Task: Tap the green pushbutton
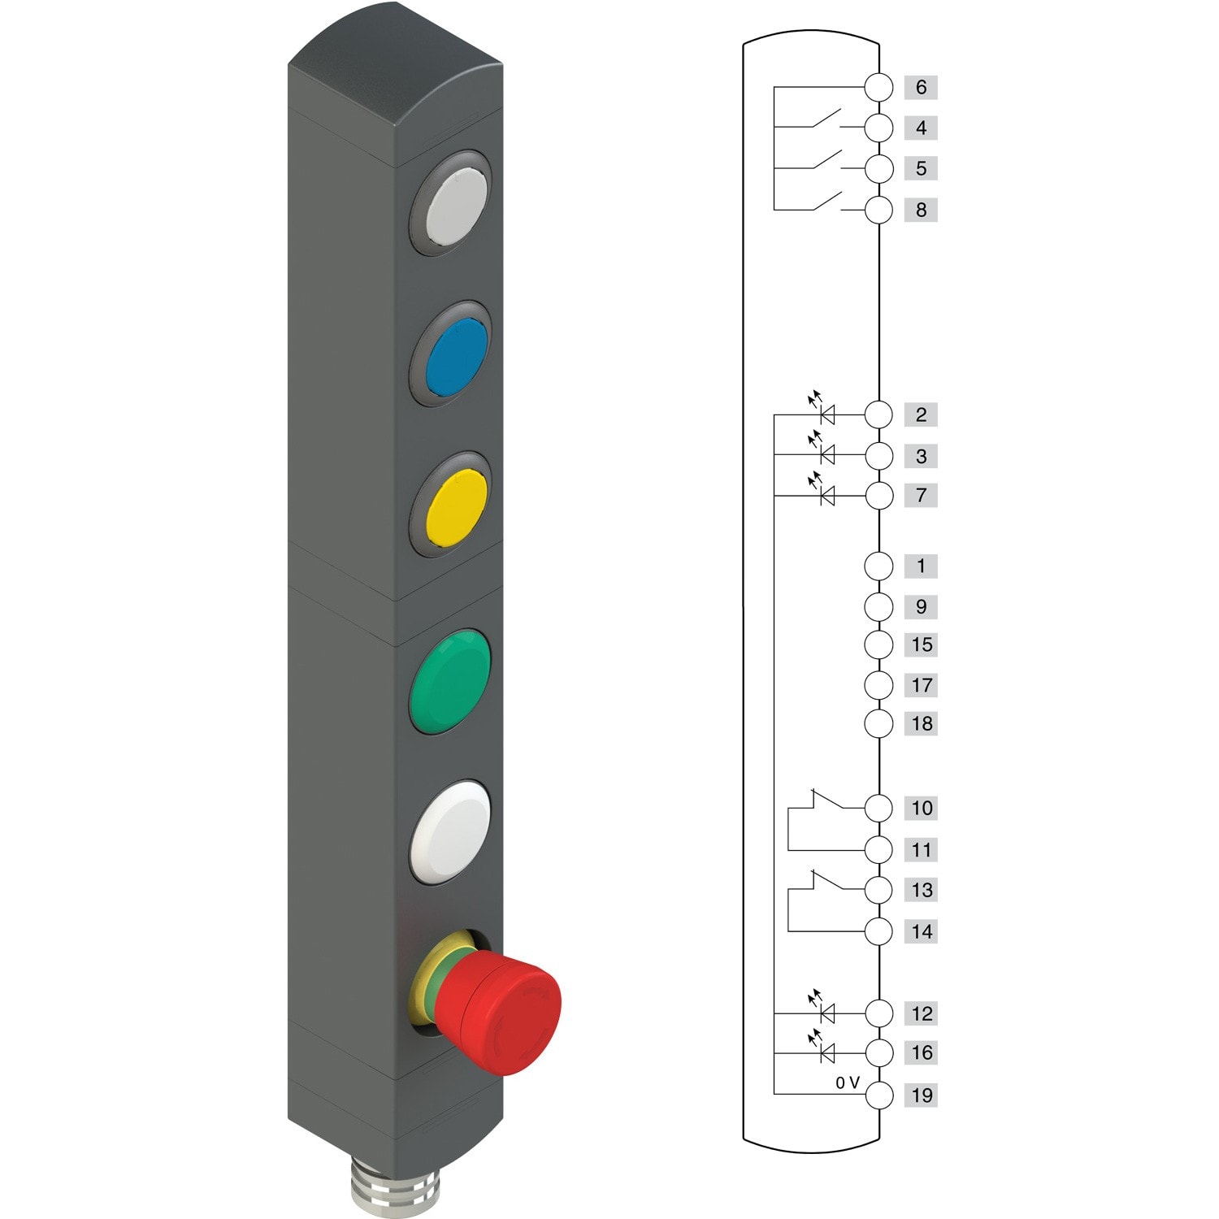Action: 451,681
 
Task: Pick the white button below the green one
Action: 451,831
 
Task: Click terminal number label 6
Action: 921,87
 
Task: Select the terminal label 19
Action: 921,1095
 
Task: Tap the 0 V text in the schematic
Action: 847,1082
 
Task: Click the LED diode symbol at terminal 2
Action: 827,414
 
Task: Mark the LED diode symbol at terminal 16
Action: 827,1053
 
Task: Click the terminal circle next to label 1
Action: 878,566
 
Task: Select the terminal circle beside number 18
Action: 878,723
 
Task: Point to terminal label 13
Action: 921,890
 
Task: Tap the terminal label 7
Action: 921,495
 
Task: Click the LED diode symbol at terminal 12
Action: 827,1013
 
